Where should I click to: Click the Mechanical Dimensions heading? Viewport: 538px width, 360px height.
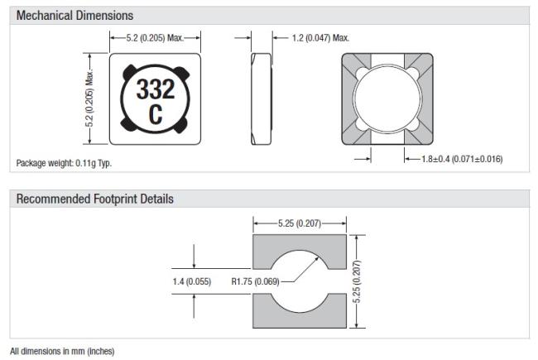74,16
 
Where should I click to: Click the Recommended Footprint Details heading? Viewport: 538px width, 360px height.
94,199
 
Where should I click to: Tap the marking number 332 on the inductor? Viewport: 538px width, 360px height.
156,89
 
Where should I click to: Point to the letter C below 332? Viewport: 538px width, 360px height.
156,114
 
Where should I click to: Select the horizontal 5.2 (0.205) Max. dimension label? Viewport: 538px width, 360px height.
155,38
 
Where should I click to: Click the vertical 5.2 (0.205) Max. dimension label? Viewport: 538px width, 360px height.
89,98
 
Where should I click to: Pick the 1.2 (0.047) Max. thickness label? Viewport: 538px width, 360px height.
320,38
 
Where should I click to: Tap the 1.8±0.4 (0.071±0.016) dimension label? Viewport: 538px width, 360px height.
462,159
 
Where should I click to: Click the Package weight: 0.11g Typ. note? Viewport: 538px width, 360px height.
65,163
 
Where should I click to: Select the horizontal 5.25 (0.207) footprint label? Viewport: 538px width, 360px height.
300,223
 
